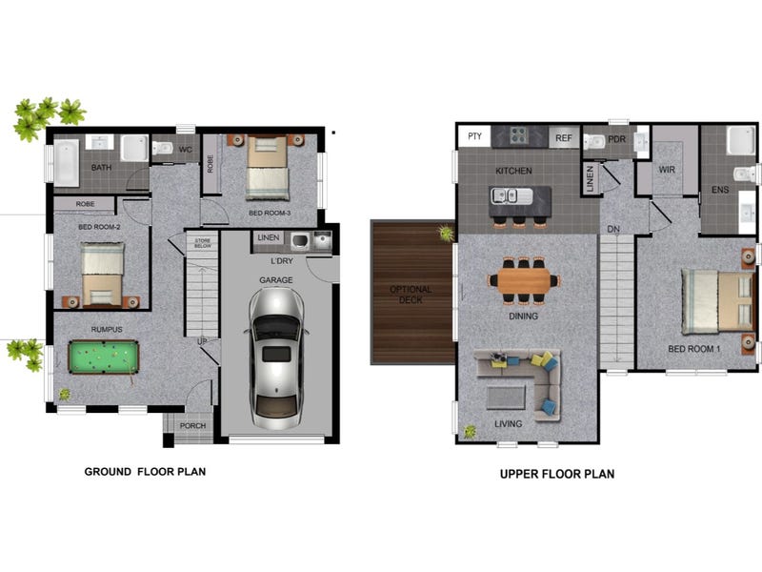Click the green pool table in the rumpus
(104, 357)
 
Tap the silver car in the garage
(276, 358)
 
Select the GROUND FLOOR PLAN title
(145, 471)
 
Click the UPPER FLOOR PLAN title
(557, 474)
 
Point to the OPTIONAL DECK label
(411, 295)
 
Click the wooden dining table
(523, 280)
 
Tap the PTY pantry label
(474, 136)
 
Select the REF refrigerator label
(563, 138)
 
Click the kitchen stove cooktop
(519, 136)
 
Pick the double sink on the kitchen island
(505, 195)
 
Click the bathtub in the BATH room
(66, 163)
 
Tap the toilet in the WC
(162, 148)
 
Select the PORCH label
(193, 425)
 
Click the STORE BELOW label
(203, 243)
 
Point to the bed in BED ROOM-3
(268, 168)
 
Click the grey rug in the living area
(506, 398)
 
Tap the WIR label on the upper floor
(666, 170)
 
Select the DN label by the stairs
(613, 229)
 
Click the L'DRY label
(282, 261)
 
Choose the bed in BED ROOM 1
(718, 302)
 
